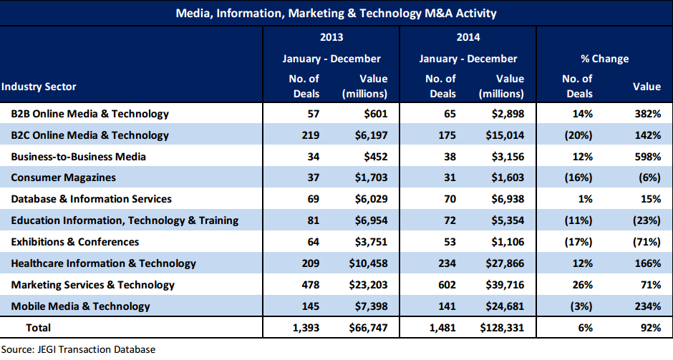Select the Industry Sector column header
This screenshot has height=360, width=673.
39,87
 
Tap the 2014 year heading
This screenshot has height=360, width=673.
468,37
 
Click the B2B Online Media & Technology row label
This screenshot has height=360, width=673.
89,113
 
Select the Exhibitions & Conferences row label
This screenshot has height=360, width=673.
75,242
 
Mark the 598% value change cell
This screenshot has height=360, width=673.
647,156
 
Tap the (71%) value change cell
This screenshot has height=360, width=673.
646,242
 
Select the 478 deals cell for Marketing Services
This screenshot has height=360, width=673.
309,285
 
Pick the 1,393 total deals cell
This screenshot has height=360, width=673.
304,328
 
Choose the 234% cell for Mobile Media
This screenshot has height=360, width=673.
647,306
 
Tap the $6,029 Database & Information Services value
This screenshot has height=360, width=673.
369,199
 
